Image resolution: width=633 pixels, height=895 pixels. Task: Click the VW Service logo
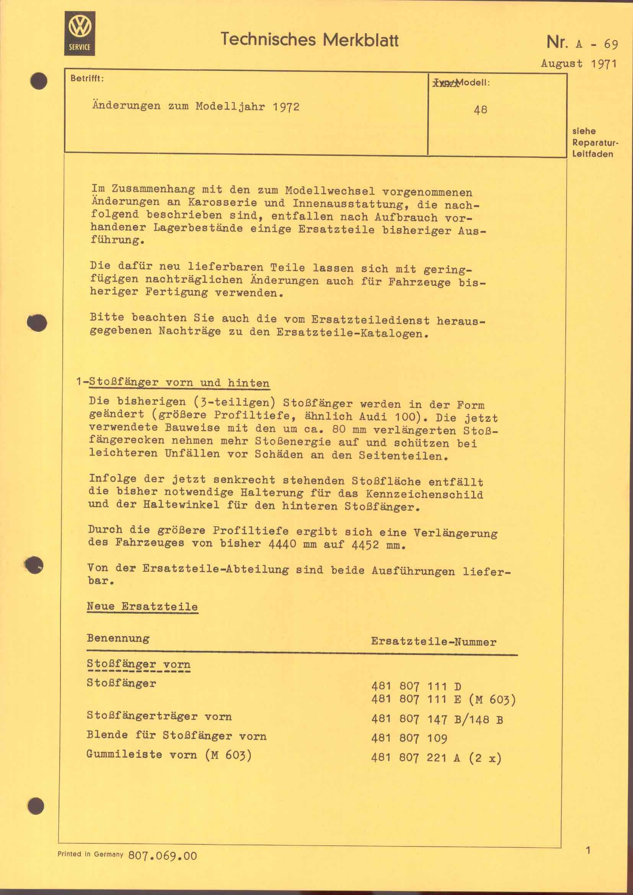pos(80,33)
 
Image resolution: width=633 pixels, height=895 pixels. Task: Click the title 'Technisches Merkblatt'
pos(310,40)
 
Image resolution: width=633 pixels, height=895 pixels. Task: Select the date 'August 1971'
pos(578,64)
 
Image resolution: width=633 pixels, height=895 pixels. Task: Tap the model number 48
pos(480,110)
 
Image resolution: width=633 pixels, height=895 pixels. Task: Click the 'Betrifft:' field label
pos(87,78)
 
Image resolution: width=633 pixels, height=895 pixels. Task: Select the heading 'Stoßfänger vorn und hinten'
pos(179,382)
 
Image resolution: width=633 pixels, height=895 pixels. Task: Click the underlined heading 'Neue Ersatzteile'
pos(142,606)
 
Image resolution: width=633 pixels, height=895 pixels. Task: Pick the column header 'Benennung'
pos(118,638)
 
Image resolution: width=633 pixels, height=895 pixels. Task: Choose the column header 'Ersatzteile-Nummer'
pos(434,642)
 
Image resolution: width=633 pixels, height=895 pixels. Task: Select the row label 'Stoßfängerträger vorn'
pos(159,716)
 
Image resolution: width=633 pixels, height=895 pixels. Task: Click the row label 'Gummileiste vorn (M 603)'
pos(169,755)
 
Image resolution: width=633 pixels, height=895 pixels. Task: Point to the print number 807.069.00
pos(163,856)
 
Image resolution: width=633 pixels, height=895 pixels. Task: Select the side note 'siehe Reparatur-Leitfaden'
pos(592,142)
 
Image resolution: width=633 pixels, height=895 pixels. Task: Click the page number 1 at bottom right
pos(589,850)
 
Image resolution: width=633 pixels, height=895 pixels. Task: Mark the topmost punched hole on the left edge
pos(39,82)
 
